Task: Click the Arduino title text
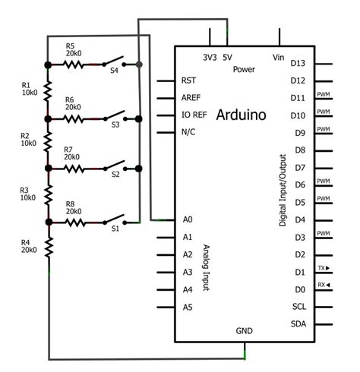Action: pos(242,115)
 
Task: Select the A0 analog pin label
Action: pos(188,219)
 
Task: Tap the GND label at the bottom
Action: pos(245,332)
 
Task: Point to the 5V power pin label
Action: pos(227,57)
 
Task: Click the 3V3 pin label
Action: pos(210,57)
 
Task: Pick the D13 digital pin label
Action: pos(298,63)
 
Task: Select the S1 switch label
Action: pos(116,227)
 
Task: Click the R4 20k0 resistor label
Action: pos(28,245)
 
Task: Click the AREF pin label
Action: pos(191,98)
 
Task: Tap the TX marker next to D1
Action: pos(323,268)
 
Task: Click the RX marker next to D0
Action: pos(323,285)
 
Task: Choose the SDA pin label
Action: pos(298,324)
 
